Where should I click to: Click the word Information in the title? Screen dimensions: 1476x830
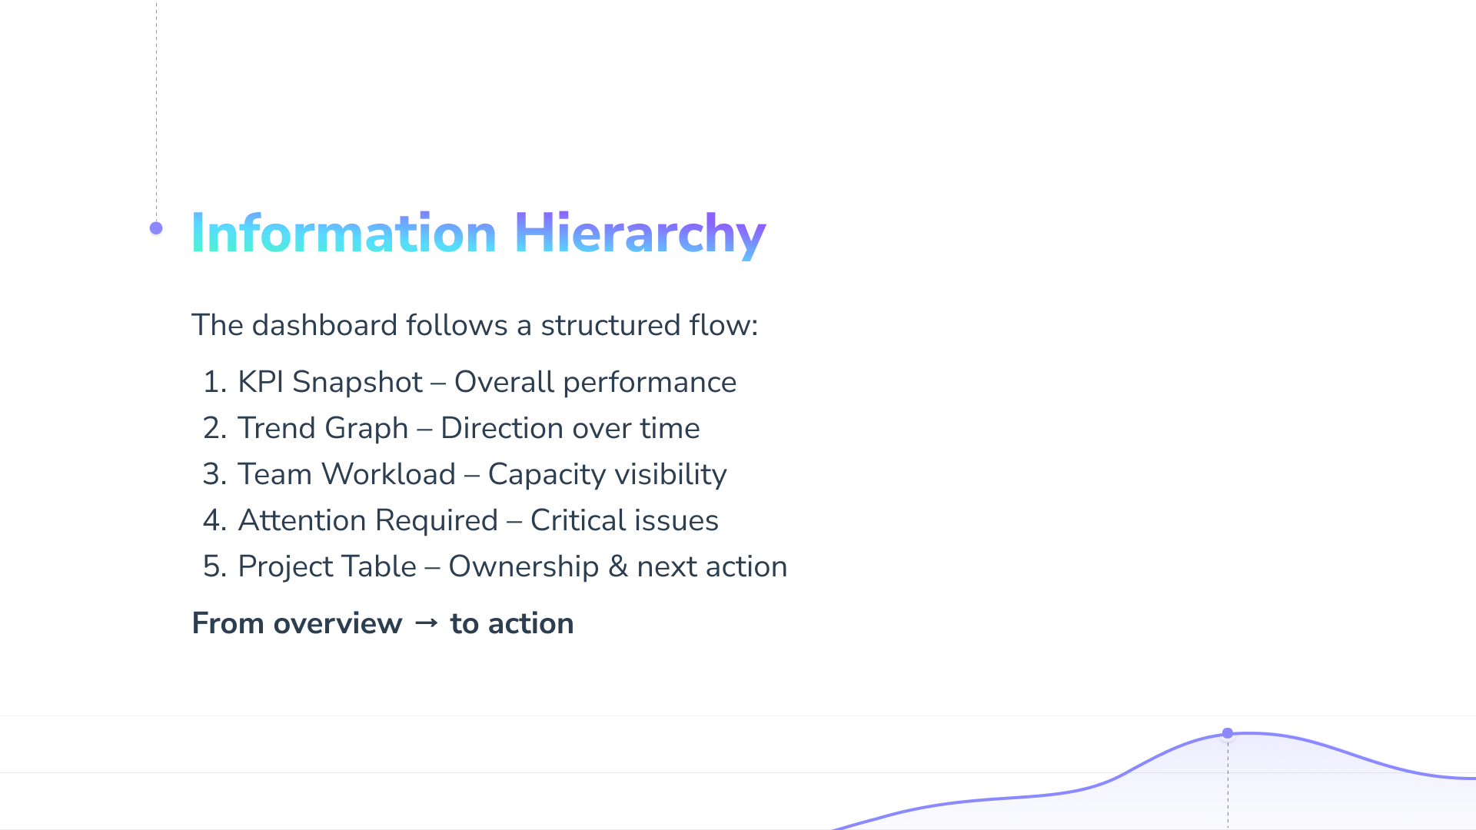tap(344, 233)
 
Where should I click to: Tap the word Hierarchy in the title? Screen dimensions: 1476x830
tap(640, 234)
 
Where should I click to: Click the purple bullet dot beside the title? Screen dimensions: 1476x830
tap(156, 228)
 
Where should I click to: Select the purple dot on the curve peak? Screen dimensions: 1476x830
tap(1228, 733)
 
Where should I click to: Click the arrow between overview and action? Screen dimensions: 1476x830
tap(427, 623)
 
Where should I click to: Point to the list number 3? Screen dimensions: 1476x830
tap(214, 474)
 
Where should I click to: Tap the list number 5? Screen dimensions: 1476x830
tap(214, 566)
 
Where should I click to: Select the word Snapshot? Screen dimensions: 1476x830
tap(357, 383)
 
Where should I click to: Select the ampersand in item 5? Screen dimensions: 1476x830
tap(618, 566)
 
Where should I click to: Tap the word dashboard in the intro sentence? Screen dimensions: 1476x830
tap(324, 325)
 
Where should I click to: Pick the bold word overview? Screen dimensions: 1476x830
tap(338, 623)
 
